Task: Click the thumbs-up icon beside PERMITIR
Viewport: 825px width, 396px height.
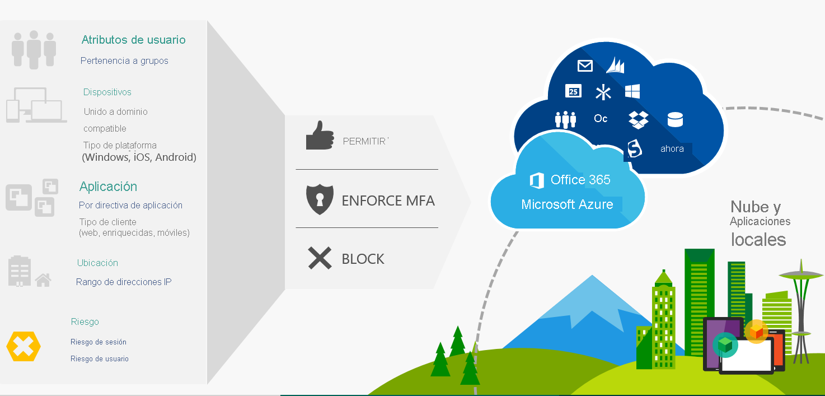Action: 320,136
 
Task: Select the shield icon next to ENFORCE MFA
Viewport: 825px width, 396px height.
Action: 320,200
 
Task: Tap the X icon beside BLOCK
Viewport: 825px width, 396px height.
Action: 320,258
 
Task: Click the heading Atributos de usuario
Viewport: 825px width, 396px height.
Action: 133,40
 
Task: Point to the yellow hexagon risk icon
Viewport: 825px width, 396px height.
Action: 24,347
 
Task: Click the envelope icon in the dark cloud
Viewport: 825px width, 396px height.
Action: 585,66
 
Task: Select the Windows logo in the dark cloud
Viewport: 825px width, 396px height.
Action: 632,92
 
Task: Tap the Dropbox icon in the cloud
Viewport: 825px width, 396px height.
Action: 638,119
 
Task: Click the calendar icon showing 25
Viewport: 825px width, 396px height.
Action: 573,91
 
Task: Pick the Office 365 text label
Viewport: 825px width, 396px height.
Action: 580,180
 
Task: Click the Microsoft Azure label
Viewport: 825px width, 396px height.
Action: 567,205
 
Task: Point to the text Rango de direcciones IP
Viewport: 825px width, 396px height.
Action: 124,282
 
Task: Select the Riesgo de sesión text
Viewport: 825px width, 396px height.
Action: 99,342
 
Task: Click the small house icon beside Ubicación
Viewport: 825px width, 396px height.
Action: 43,279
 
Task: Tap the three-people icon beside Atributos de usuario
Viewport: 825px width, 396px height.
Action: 34,49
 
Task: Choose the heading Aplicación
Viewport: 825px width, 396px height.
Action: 108,187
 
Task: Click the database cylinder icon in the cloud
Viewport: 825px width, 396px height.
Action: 675,119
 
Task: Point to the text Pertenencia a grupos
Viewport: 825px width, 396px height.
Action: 124,60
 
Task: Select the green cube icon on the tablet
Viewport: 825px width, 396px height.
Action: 725,345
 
